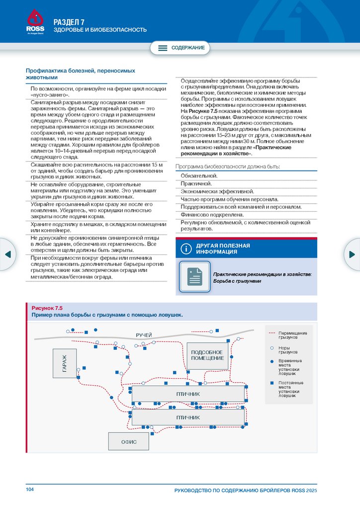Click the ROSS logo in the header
35,22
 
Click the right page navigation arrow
352,254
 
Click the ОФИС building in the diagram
129,441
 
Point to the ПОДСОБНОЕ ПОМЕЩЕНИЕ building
207,355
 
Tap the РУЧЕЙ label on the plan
144,335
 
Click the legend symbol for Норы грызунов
271,347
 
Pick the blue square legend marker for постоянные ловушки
271,383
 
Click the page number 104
30,490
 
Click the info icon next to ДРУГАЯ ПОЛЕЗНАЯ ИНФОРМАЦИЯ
186,249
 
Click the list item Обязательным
199,176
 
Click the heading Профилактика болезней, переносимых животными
81,74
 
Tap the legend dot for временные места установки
271,361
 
